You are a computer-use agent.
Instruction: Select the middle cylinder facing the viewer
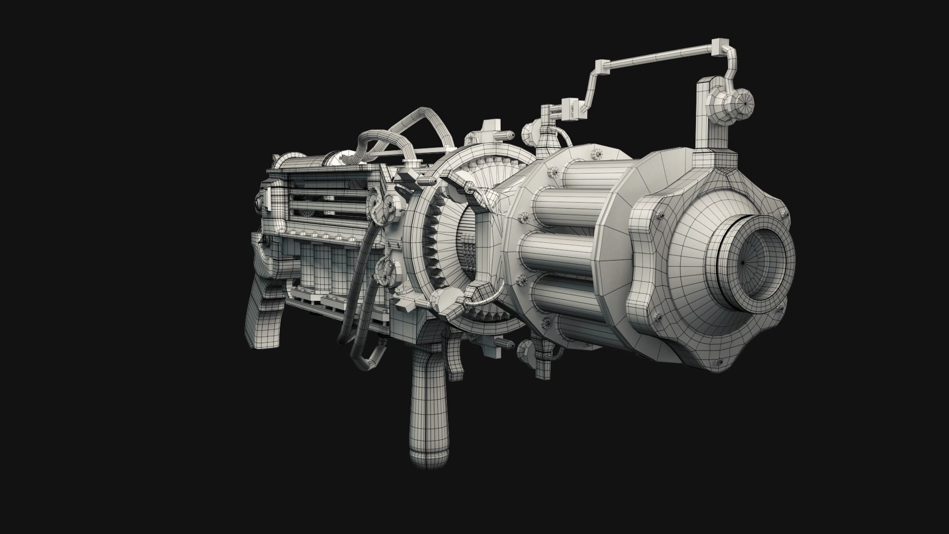559,255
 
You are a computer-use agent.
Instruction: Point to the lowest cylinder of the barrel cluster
568,302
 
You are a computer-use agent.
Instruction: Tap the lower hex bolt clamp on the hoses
386,269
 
